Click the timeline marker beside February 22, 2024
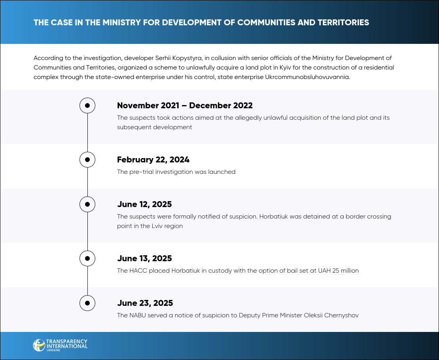[87, 160]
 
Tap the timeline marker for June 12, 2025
[87, 204]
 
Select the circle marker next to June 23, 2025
[87, 303]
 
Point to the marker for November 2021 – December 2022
[87, 106]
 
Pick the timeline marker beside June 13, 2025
[87, 258]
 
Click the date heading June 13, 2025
[144, 258]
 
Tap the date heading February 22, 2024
[153, 160]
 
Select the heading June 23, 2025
[145, 303]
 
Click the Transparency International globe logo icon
[39, 345]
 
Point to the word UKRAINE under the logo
[53, 350]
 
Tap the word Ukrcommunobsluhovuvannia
[308, 77]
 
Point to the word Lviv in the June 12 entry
[157, 226]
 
